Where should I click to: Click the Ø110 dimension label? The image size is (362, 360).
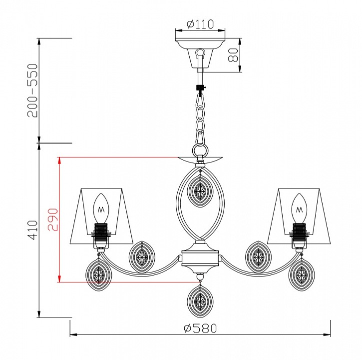tap(200, 24)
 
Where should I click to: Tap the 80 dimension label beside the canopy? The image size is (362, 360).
tap(233, 55)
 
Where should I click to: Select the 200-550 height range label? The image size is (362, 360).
tap(32, 90)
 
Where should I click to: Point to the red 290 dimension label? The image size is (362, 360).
tap(52, 219)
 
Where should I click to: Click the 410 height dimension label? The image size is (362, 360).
tap(32, 230)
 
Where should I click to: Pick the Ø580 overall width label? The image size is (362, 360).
tap(200, 328)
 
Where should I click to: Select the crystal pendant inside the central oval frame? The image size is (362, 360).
tap(200, 191)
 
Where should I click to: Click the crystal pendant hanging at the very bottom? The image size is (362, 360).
tap(200, 301)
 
